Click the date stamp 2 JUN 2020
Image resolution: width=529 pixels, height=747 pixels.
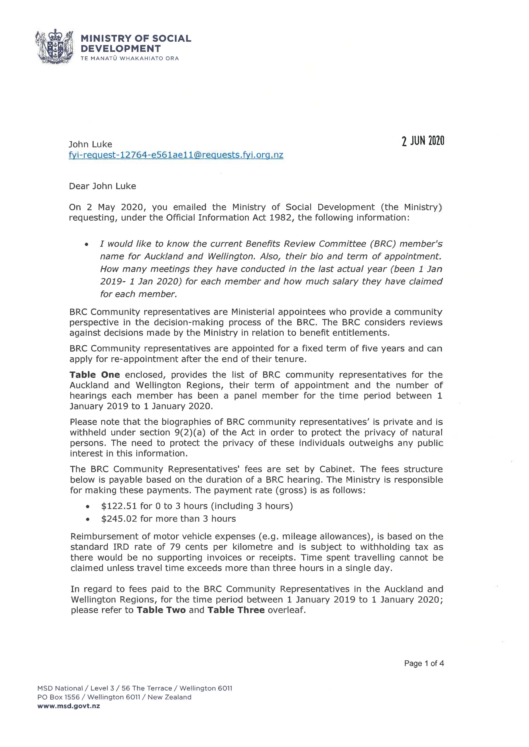423,141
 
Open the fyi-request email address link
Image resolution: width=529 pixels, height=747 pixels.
176,155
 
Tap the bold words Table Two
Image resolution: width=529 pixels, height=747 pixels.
161,610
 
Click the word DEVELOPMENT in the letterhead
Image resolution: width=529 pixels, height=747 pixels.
121,49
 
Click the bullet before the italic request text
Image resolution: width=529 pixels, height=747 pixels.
86,244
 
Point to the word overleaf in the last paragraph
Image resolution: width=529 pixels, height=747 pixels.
286,610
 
